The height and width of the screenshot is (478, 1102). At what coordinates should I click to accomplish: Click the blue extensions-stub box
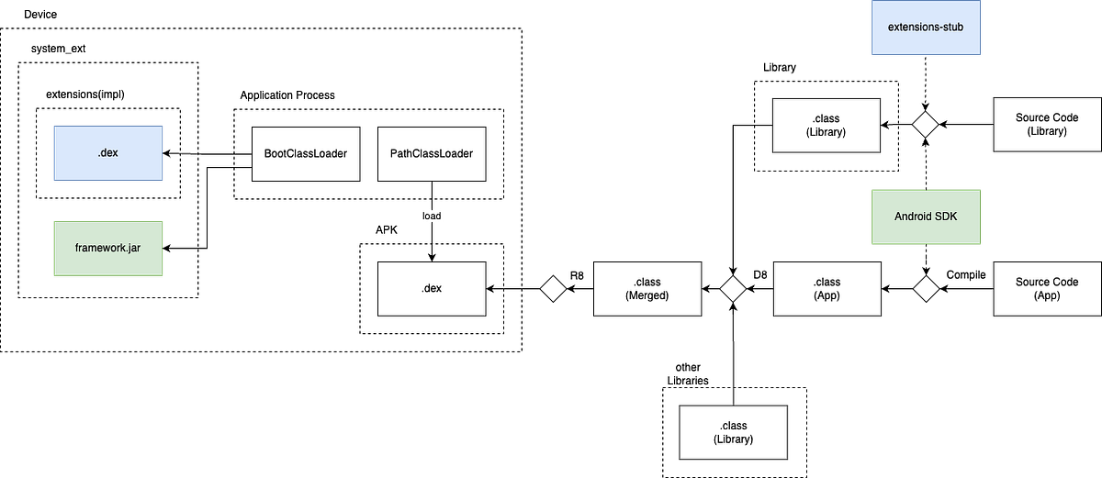click(x=926, y=27)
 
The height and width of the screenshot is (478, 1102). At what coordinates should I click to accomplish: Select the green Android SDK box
click(x=926, y=217)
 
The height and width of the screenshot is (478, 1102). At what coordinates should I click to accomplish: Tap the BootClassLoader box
click(x=306, y=154)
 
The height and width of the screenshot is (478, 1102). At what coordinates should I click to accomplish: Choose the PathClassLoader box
click(x=432, y=154)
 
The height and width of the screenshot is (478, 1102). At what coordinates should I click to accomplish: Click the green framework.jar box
click(x=107, y=248)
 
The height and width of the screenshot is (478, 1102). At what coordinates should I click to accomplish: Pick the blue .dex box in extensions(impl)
click(x=107, y=153)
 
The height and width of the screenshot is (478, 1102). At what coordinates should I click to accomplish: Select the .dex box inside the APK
click(x=432, y=288)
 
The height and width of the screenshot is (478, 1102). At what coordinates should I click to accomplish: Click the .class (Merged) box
click(x=647, y=288)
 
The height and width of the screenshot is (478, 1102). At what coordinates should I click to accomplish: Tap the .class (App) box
click(x=827, y=288)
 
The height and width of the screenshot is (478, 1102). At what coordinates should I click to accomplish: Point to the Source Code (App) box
click(x=1047, y=288)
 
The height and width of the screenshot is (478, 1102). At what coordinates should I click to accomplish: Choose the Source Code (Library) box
click(x=1047, y=124)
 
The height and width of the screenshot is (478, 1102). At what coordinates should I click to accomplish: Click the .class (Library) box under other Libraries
click(x=733, y=432)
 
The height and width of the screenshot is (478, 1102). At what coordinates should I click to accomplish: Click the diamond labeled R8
click(x=553, y=288)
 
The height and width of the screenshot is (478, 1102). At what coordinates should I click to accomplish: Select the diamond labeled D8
click(x=733, y=288)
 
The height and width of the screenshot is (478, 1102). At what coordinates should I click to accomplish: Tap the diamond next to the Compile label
click(x=926, y=288)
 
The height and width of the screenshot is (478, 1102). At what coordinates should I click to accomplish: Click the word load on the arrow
click(x=432, y=216)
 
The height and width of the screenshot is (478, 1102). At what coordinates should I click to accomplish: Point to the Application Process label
click(x=287, y=94)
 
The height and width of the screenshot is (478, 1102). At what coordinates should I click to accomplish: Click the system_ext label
click(x=58, y=49)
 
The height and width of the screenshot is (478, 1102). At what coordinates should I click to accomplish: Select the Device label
click(x=40, y=15)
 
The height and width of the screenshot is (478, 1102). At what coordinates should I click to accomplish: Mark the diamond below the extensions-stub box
click(x=926, y=124)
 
